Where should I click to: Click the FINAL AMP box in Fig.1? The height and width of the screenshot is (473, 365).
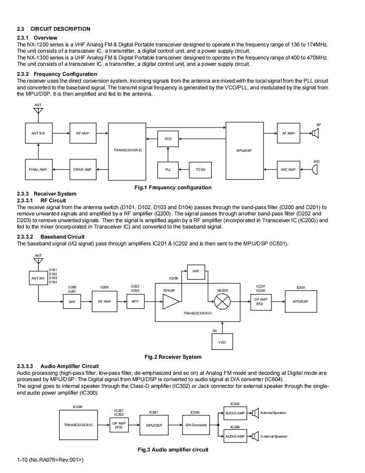pos(38,169)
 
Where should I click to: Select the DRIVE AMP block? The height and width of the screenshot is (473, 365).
pos(82,169)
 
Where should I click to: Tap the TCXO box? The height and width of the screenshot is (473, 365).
pos(201,169)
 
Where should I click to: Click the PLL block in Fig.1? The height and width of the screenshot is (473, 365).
pos(168,169)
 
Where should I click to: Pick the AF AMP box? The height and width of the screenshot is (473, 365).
pos(288,133)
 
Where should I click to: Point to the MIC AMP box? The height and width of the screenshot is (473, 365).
pos(288,169)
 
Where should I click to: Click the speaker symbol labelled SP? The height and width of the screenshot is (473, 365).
pos(316,133)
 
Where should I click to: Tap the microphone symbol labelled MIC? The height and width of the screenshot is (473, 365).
pos(315,169)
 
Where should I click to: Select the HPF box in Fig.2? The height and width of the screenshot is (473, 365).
pos(196,271)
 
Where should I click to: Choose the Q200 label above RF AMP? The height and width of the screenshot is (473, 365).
pos(104,288)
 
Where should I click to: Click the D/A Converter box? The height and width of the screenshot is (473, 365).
pos(196,425)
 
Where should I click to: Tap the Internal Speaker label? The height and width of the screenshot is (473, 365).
pos(274,413)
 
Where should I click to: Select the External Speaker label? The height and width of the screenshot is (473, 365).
pos(274,436)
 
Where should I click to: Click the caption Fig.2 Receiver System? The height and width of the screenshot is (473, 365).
pos(173,357)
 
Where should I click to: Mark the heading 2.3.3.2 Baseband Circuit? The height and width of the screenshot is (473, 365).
pos(51,236)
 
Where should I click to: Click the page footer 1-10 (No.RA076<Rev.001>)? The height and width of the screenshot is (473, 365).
pos(50,460)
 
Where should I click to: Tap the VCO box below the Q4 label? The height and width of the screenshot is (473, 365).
pos(222,342)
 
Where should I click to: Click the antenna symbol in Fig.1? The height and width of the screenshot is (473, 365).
pos(38,111)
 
